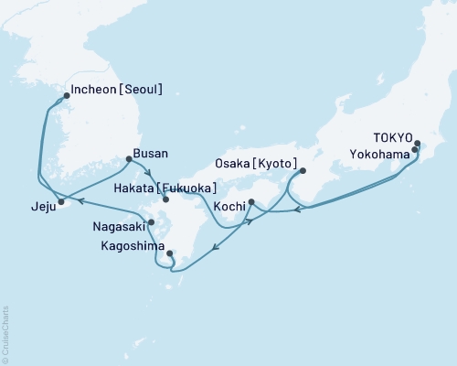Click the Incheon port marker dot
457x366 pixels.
[66, 95]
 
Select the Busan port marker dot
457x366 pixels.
[127, 159]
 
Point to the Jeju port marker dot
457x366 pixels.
[61, 201]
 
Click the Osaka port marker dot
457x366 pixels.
[303, 170]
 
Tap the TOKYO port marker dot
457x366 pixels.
[417, 144]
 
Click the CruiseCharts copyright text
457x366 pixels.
[5, 334]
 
